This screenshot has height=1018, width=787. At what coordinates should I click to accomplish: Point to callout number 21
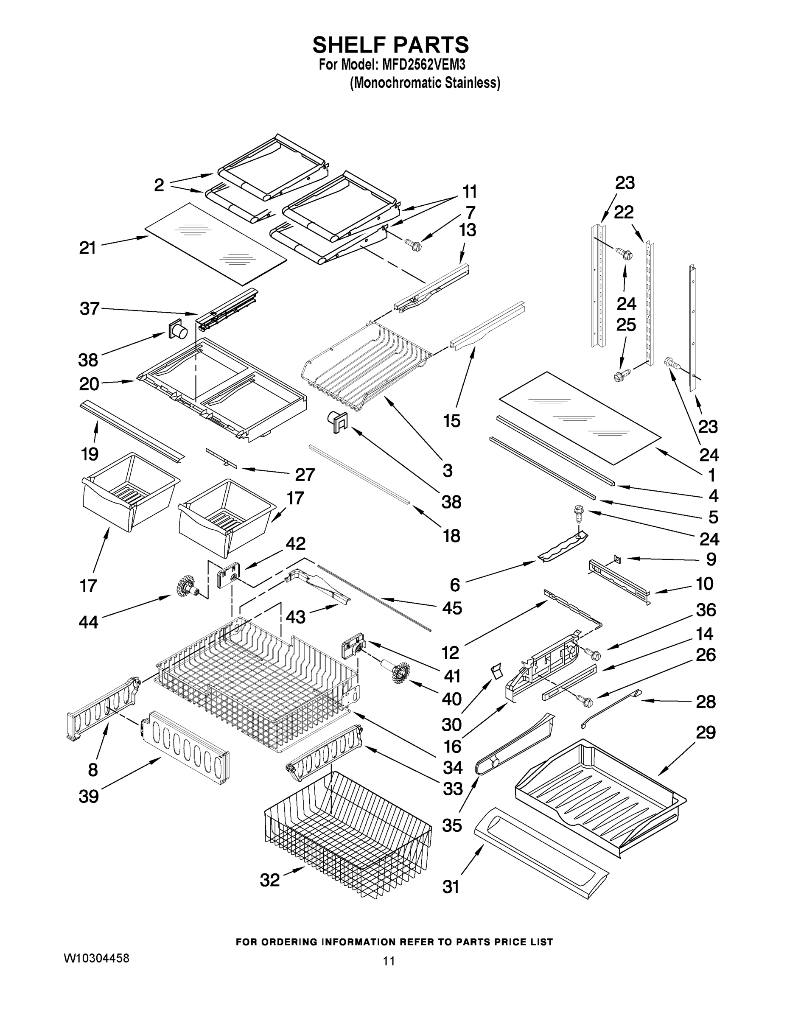pyautogui.click(x=87, y=248)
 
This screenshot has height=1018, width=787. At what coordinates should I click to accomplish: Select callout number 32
pyautogui.click(x=270, y=880)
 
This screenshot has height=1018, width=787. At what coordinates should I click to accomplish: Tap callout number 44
pyautogui.click(x=88, y=622)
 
